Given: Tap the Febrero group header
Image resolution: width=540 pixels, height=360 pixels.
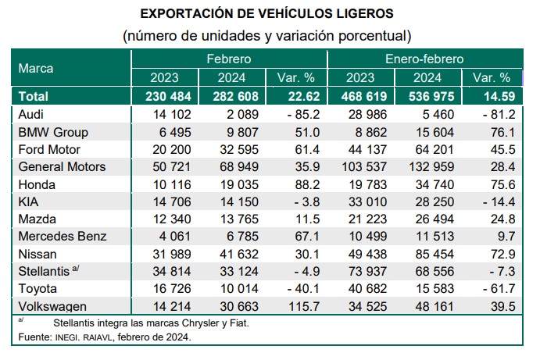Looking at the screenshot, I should coord(228,59).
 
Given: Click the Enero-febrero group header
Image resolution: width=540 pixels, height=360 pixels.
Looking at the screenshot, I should coord(424,59).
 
